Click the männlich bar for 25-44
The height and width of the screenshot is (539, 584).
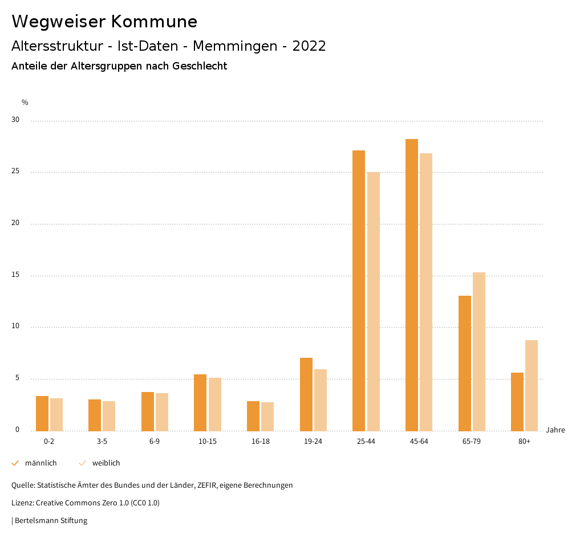359,291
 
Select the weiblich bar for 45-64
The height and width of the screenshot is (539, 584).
426,292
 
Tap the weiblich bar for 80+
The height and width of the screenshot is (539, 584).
532,385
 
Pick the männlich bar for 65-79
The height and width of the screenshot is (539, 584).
465,363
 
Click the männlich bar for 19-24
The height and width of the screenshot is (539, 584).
306,394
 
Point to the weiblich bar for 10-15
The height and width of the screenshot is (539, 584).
214,404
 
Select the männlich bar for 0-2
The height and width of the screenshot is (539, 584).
42,413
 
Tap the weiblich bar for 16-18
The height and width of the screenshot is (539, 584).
267,416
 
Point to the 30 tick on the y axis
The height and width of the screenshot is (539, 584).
15,120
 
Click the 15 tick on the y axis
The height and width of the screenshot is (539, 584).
15,275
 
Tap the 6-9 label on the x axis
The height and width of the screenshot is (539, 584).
155,442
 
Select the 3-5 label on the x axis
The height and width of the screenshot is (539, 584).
102,442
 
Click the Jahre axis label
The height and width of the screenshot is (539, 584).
555,430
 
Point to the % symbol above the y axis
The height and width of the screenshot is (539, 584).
25,103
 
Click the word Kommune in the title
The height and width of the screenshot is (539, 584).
154,22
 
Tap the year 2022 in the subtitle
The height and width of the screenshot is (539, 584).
309,46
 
